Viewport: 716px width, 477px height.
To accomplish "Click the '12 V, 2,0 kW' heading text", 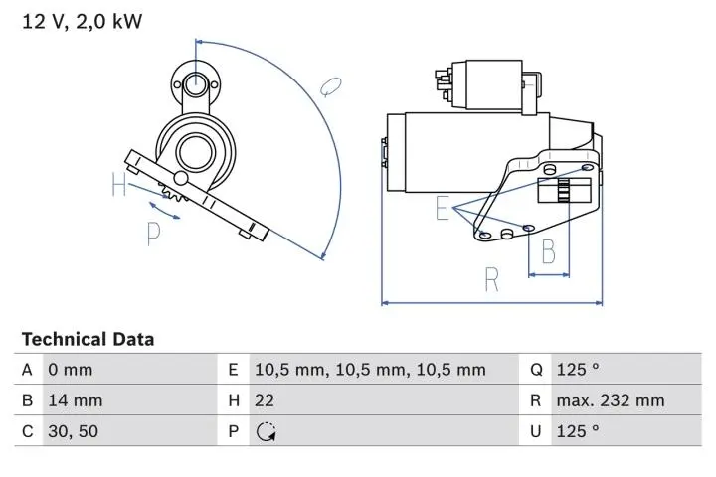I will tap(83, 21).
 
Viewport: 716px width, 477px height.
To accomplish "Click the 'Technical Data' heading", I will tap(88, 339).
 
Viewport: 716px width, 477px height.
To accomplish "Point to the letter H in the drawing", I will tap(119, 185).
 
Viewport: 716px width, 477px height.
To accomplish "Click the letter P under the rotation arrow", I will tap(154, 233).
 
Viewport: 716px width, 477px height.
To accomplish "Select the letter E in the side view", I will tap(441, 208).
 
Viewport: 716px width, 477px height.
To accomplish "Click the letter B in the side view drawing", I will tap(547, 253).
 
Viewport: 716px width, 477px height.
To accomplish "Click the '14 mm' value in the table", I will tap(75, 400).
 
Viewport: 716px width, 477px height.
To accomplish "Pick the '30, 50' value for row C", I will tap(73, 431).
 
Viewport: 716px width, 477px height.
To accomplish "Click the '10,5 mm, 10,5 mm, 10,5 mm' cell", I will tap(370, 370).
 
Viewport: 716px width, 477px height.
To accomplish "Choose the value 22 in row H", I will tap(266, 400).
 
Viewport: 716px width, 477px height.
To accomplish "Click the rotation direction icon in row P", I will tap(266, 431).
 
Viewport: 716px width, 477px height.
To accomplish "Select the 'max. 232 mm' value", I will tap(611, 400).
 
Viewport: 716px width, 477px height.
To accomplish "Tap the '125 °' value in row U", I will tap(578, 431).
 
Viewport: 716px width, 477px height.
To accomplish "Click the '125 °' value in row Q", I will tap(578, 370).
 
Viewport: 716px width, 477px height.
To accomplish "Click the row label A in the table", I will tap(28, 370).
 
